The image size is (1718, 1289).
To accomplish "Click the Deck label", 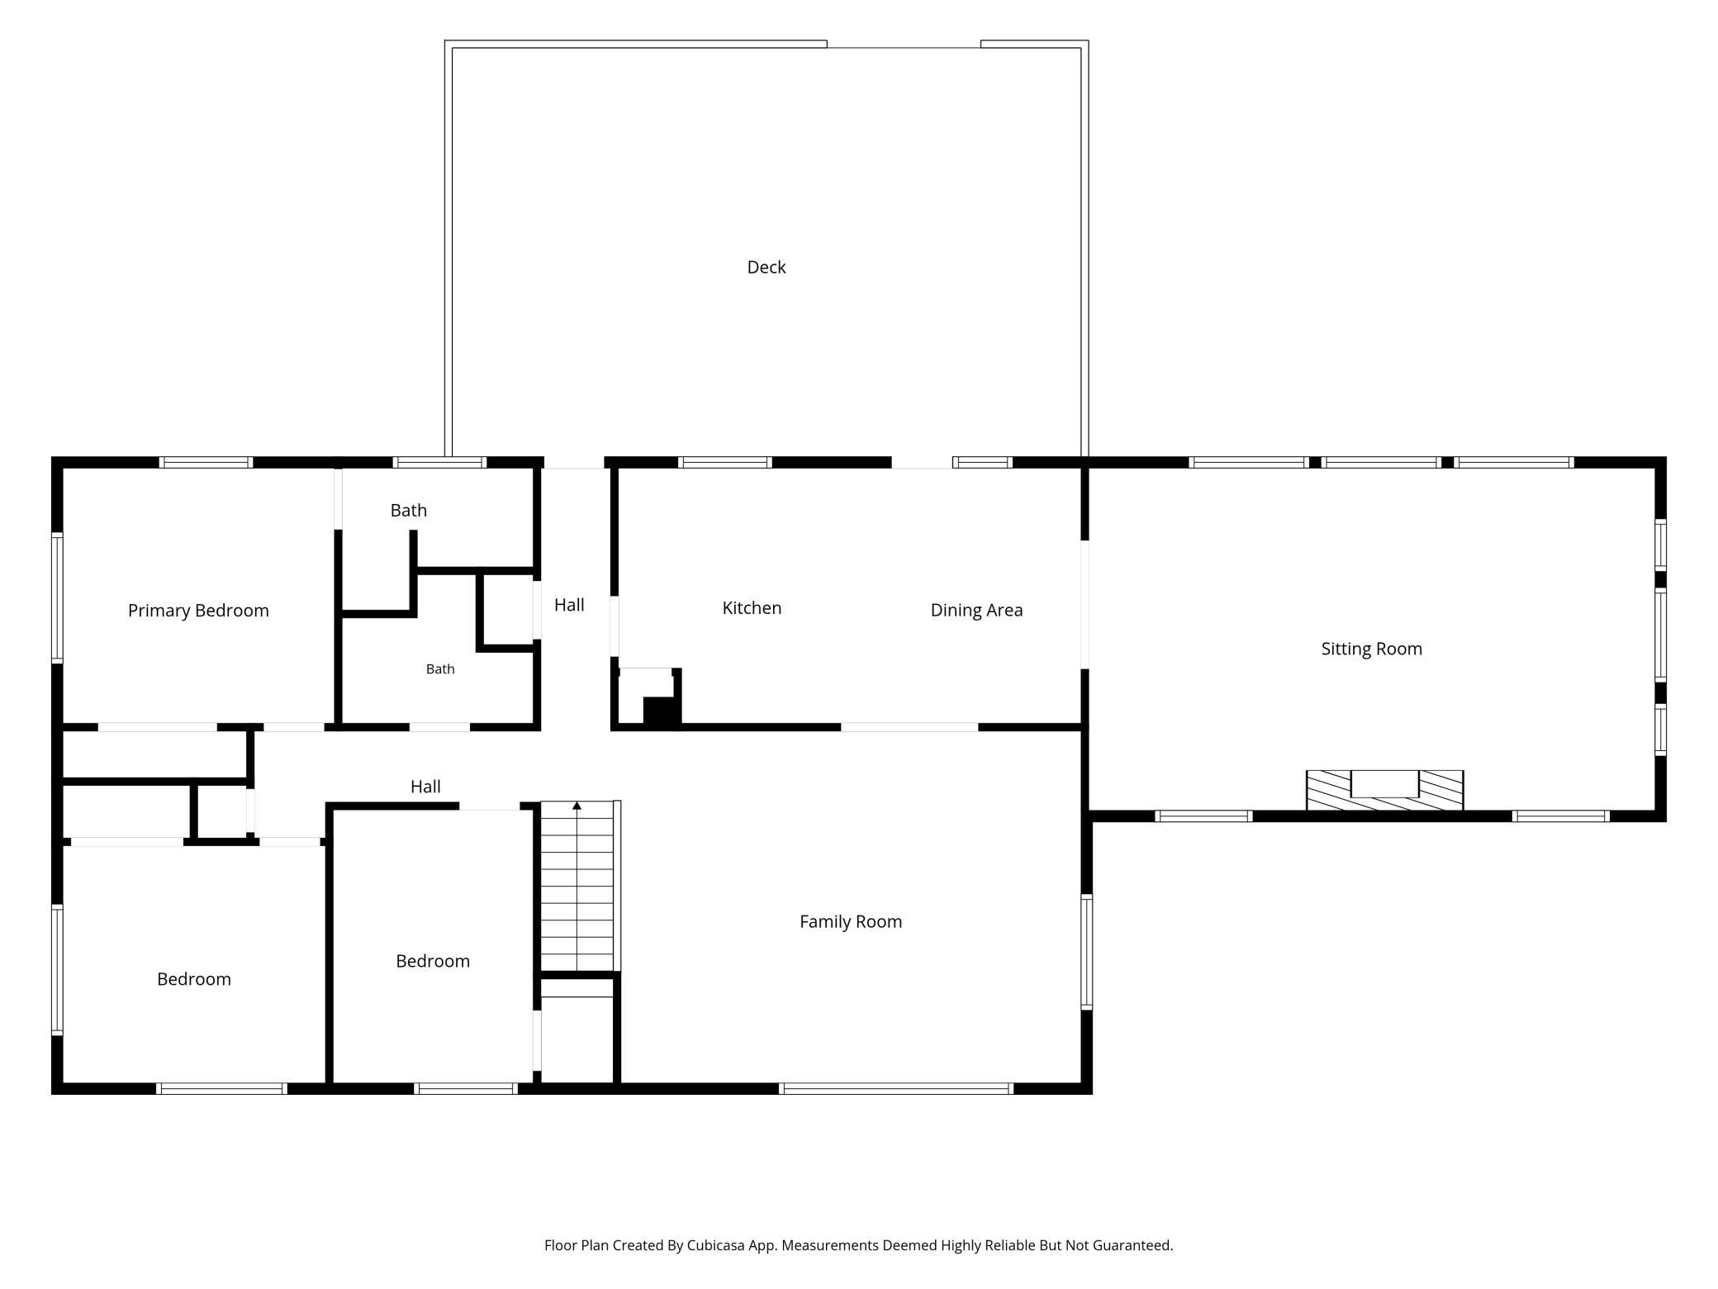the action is coord(766,267).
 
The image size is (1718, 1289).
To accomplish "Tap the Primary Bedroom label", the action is coord(198,611).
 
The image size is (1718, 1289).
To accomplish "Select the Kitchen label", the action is coord(752,608).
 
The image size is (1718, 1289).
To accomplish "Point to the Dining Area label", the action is coord(976,610).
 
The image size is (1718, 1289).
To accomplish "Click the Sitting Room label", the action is coord(1372,649).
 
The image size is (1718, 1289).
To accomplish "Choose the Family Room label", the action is coord(851,921).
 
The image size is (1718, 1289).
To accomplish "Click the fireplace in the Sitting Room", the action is coord(1384,791).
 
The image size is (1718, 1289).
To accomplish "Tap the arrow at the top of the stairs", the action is coord(577,806).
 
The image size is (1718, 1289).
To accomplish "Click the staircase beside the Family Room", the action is coord(577,886).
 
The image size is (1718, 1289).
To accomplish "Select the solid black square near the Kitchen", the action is coord(660,712).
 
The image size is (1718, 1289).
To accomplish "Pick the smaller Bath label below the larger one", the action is coord(440,669).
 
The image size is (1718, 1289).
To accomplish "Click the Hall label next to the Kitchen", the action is coord(569,605).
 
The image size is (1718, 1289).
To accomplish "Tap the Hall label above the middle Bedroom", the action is coord(425,787).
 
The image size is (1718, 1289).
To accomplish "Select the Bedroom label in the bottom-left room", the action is coord(194,979).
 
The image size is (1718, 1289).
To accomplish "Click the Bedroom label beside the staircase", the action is coord(433,961).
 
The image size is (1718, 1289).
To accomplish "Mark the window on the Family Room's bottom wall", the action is coord(896,1089).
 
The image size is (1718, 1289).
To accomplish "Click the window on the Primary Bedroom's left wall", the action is coord(57,597).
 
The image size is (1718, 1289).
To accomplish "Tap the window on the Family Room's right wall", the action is coord(1087,952).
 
